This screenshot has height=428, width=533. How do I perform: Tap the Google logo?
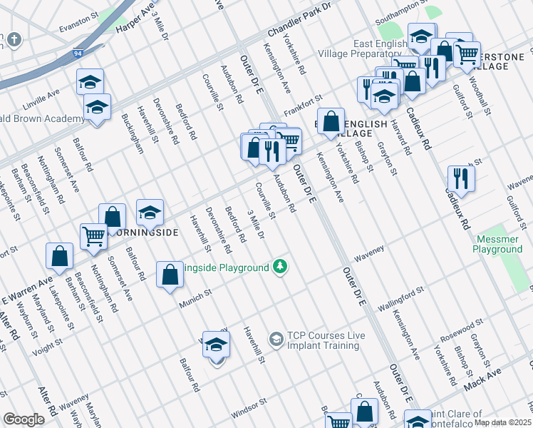coord(24,419)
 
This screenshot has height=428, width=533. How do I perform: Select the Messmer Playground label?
coord(497,244)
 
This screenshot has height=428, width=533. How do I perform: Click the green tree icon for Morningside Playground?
coord(281,267)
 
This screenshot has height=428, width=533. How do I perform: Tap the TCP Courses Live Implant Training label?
coord(323,340)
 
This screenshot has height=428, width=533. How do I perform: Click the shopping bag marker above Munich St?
coord(169,274)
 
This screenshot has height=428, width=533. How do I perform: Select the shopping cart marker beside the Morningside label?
coord(93,235)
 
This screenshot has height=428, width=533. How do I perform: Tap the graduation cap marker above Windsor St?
coord(216,345)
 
